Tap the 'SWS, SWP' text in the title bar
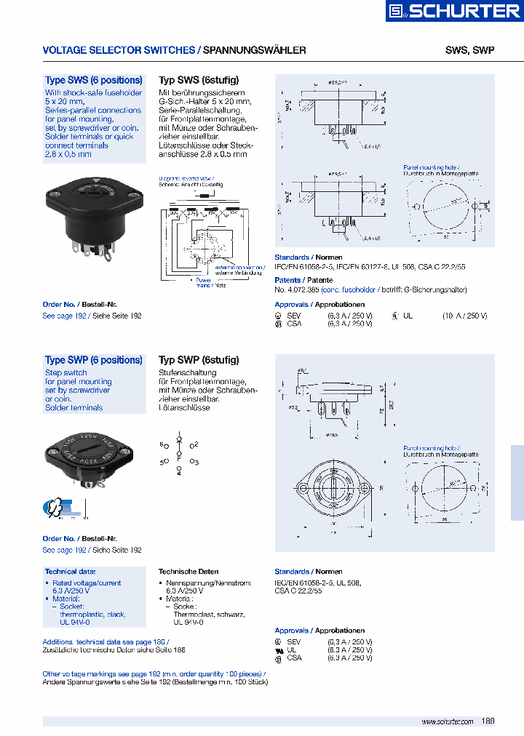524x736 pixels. point(469,50)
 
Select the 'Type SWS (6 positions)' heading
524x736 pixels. point(93,80)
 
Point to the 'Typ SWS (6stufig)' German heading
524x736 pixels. point(199,80)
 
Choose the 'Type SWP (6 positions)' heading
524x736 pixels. point(93,360)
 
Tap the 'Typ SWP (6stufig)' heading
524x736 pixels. point(199,360)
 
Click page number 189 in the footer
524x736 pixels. point(488,721)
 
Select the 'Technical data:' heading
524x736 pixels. point(70,572)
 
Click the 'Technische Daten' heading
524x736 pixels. point(188,572)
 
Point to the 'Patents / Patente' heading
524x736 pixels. point(303,280)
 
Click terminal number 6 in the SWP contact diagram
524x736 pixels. point(163,444)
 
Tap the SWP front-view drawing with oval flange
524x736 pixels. point(336,487)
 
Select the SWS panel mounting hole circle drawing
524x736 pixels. point(445,208)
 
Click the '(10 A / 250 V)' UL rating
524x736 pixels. point(464,316)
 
